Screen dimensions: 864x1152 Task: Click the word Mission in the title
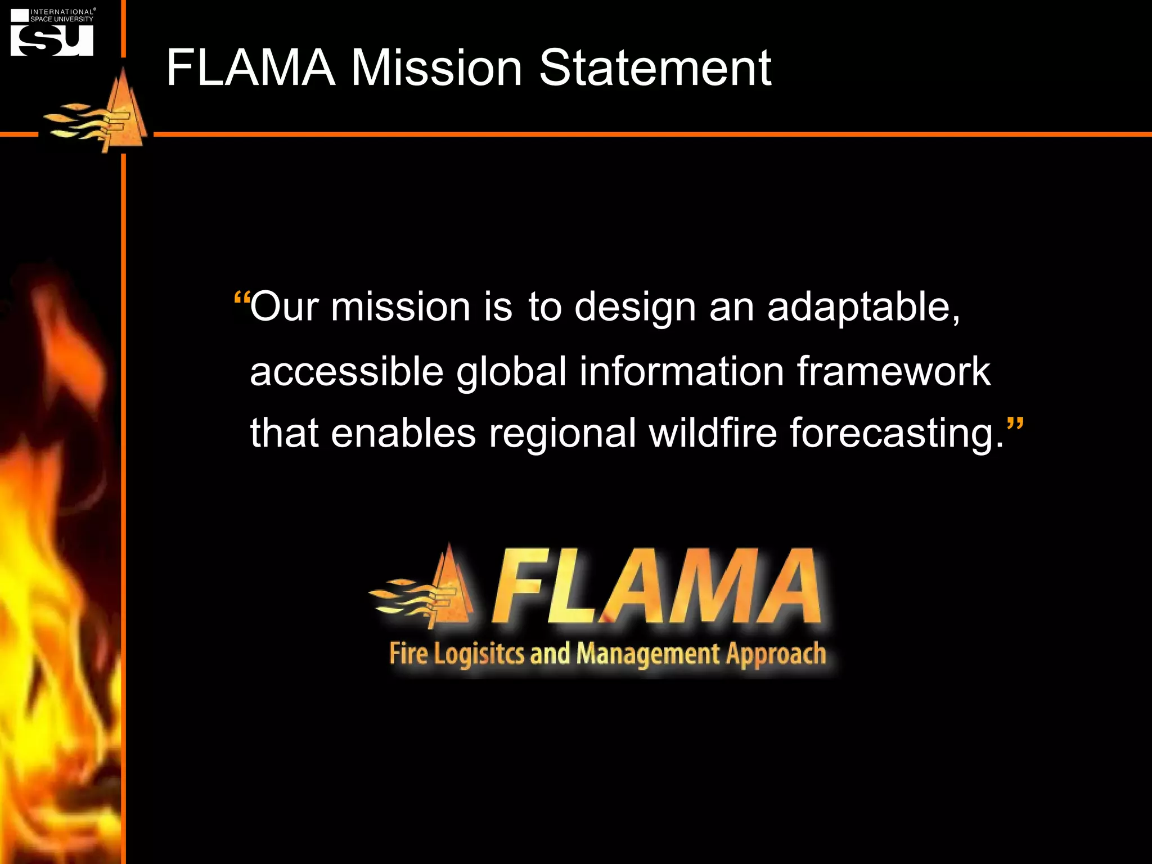click(x=436, y=68)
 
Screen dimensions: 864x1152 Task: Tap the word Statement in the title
click(x=655, y=68)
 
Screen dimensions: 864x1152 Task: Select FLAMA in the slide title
click(x=251, y=68)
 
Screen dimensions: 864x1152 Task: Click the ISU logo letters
click(x=52, y=40)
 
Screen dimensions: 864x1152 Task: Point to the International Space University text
click(x=62, y=15)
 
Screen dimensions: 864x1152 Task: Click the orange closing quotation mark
click(x=1015, y=426)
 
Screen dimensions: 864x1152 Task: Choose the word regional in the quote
click(x=562, y=434)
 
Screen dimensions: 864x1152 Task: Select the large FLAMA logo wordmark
click(x=656, y=588)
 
